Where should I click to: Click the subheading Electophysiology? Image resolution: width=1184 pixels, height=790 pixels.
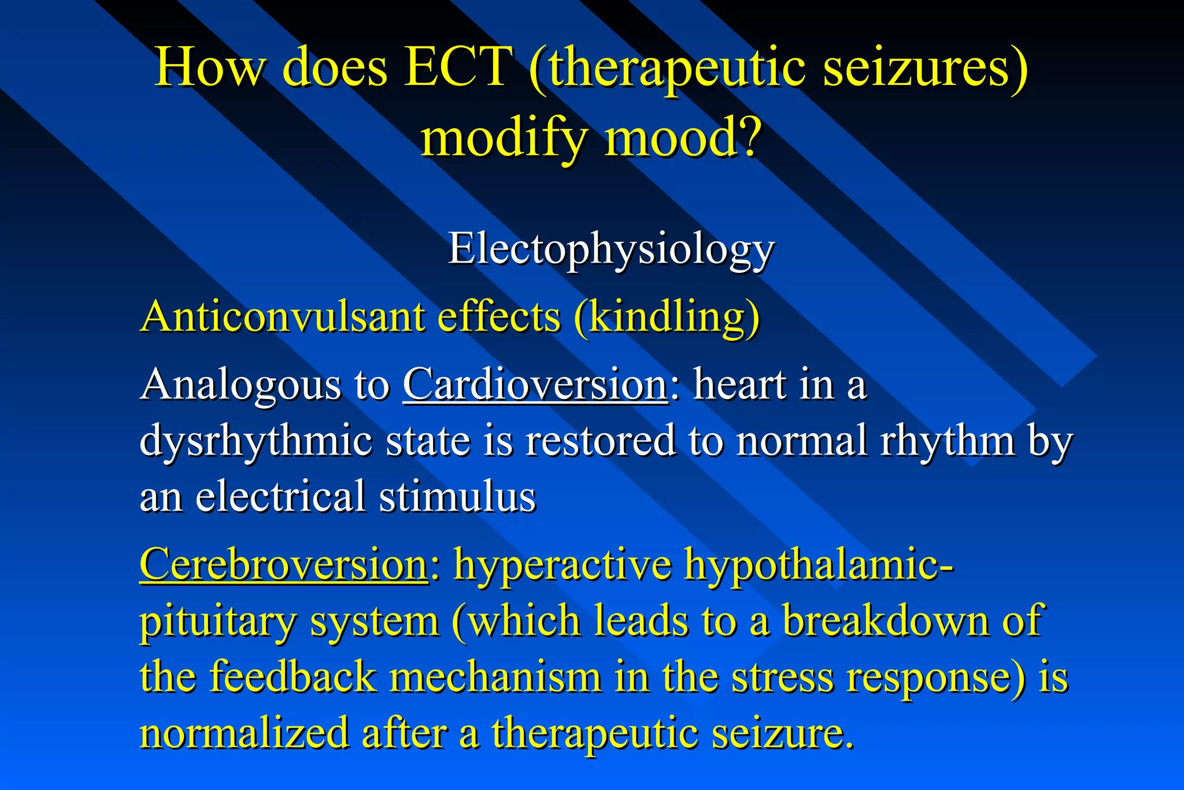click(x=610, y=250)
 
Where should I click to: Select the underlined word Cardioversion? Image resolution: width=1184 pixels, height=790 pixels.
click(x=535, y=384)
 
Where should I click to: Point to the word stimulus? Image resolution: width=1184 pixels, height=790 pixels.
click(x=457, y=497)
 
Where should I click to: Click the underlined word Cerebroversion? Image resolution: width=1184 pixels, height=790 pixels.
click(x=283, y=564)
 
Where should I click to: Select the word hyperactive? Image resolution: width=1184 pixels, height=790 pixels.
click(x=563, y=564)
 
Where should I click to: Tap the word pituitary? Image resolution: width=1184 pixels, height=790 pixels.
click(x=217, y=622)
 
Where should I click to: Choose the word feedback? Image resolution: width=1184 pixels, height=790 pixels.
click(x=293, y=677)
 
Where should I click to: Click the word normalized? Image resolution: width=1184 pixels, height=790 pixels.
click(x=245, y=733)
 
